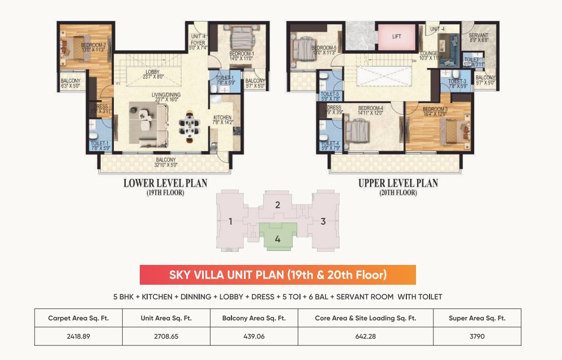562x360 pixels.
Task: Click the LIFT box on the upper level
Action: pos(396,36)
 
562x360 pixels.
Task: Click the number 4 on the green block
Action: pos(277,239)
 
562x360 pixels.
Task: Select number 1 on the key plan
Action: pos(231,221)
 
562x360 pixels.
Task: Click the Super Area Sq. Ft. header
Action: pos(477,318)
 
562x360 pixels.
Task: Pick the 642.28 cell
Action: pos(365,336)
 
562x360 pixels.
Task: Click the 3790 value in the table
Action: pos(477,336)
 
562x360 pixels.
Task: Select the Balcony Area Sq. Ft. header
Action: pos(254,318)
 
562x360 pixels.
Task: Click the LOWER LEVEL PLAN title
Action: pos(165,183)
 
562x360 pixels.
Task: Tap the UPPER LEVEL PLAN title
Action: pos(398,183)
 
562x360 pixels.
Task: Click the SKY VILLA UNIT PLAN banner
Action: pos(278,275)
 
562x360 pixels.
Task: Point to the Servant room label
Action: pos(479,37)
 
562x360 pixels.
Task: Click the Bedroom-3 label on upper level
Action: pos(435,112)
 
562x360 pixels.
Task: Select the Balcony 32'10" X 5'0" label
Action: pos(166,162)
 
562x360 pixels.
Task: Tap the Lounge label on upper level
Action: pos(429,54)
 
